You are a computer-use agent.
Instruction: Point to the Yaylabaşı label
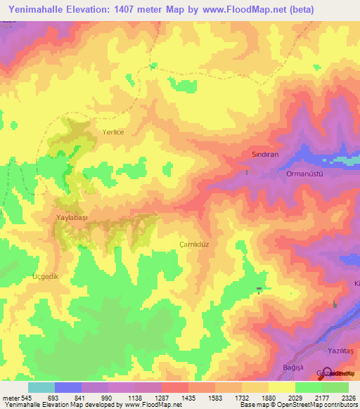coord(71,218)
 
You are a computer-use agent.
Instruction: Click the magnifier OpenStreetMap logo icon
coord(326,372)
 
